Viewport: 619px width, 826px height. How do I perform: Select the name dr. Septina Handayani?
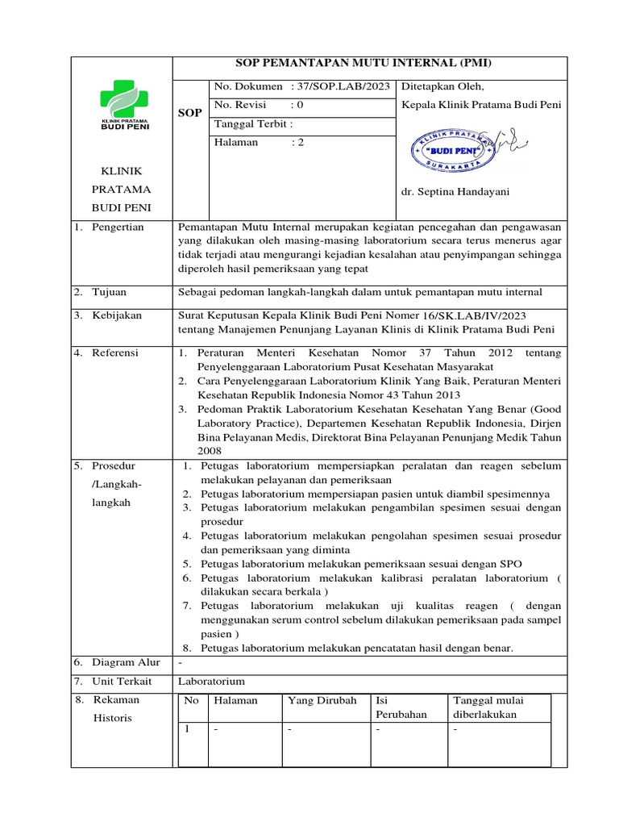455,192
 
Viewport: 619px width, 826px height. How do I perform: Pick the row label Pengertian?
118,227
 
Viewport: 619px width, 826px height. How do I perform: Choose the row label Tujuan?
110,292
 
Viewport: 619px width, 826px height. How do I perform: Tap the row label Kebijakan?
117,315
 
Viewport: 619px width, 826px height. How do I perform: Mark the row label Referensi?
115,353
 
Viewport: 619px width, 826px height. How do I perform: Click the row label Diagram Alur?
126,662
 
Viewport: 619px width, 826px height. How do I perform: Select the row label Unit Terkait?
123,682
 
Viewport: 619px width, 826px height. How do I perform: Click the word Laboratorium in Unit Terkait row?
211,682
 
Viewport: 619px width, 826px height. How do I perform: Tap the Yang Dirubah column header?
322,701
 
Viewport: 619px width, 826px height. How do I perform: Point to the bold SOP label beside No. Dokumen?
190,113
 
